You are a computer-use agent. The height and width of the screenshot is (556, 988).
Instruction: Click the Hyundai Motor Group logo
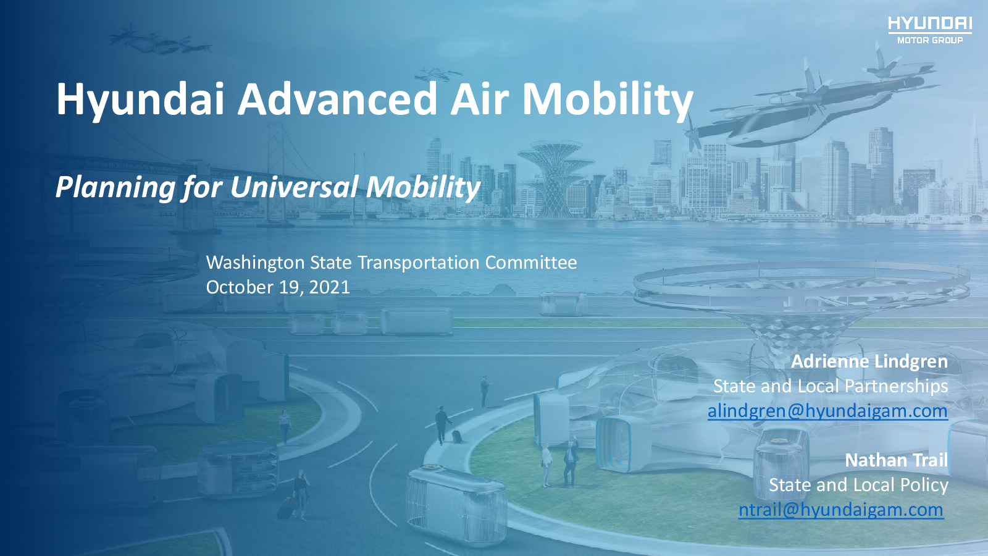tap(930, 30)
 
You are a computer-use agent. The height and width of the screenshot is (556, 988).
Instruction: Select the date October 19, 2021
tap(278, 287)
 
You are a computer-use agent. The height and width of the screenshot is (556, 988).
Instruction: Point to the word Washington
tap(255, 263)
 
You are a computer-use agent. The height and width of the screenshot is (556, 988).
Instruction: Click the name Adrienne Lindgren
tap(869, 361)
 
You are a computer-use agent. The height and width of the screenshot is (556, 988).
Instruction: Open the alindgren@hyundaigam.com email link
tap(827, 411)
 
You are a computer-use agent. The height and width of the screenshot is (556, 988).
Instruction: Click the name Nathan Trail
tap(896, 460)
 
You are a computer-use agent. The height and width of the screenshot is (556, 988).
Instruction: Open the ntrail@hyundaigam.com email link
tap(841, 510)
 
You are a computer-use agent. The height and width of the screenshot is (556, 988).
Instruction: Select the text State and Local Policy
tap(858, 485)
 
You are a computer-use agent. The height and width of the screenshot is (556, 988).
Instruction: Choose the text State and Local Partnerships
tap(831, 386)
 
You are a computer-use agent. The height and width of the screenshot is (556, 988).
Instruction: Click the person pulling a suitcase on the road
tap(443, 424)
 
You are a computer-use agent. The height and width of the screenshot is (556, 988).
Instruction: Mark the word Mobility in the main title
tap(608, 99)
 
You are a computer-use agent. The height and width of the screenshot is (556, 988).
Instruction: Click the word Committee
tap(531, 263)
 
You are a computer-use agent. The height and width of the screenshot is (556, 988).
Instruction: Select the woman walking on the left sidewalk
tap(285, 426)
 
